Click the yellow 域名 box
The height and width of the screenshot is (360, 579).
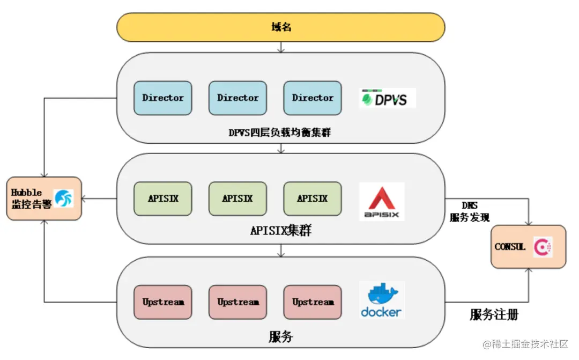[281, 27]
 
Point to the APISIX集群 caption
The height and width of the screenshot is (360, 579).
[281, 231]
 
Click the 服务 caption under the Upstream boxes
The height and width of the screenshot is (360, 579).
[281, 336]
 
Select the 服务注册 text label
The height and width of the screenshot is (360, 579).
[494, 314]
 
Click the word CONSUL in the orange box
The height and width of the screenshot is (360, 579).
[510, 247]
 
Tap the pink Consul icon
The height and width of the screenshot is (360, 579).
[543, 247]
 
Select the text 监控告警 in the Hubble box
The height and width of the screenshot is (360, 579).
[31, 204]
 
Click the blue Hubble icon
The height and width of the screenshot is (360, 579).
[64, 199]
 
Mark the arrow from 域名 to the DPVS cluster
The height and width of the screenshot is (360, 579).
[281, 47]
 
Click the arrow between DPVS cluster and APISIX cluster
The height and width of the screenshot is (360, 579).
[281, 149]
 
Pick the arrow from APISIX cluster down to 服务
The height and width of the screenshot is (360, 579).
[281, 251]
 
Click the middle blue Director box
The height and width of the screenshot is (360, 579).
[237, 98]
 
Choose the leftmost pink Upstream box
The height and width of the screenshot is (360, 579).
[162, 302]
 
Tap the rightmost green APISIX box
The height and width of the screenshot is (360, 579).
[312, 199]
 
